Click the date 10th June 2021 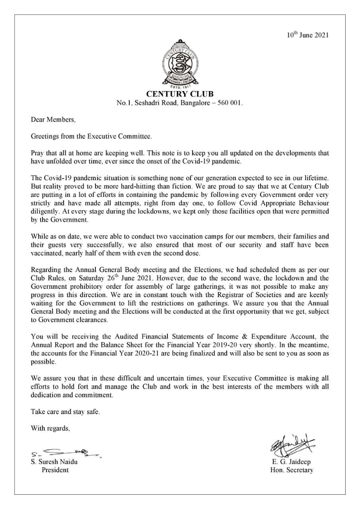click(307, 35)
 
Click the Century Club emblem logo click(180, 66)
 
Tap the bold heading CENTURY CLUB click(180, 94)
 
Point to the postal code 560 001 click(230, 103)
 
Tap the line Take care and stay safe click(65, 412)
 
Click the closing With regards click(51, 428)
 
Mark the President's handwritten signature click(64, 453)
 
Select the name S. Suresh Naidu click(54, 462)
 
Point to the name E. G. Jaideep click(292, 462)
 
